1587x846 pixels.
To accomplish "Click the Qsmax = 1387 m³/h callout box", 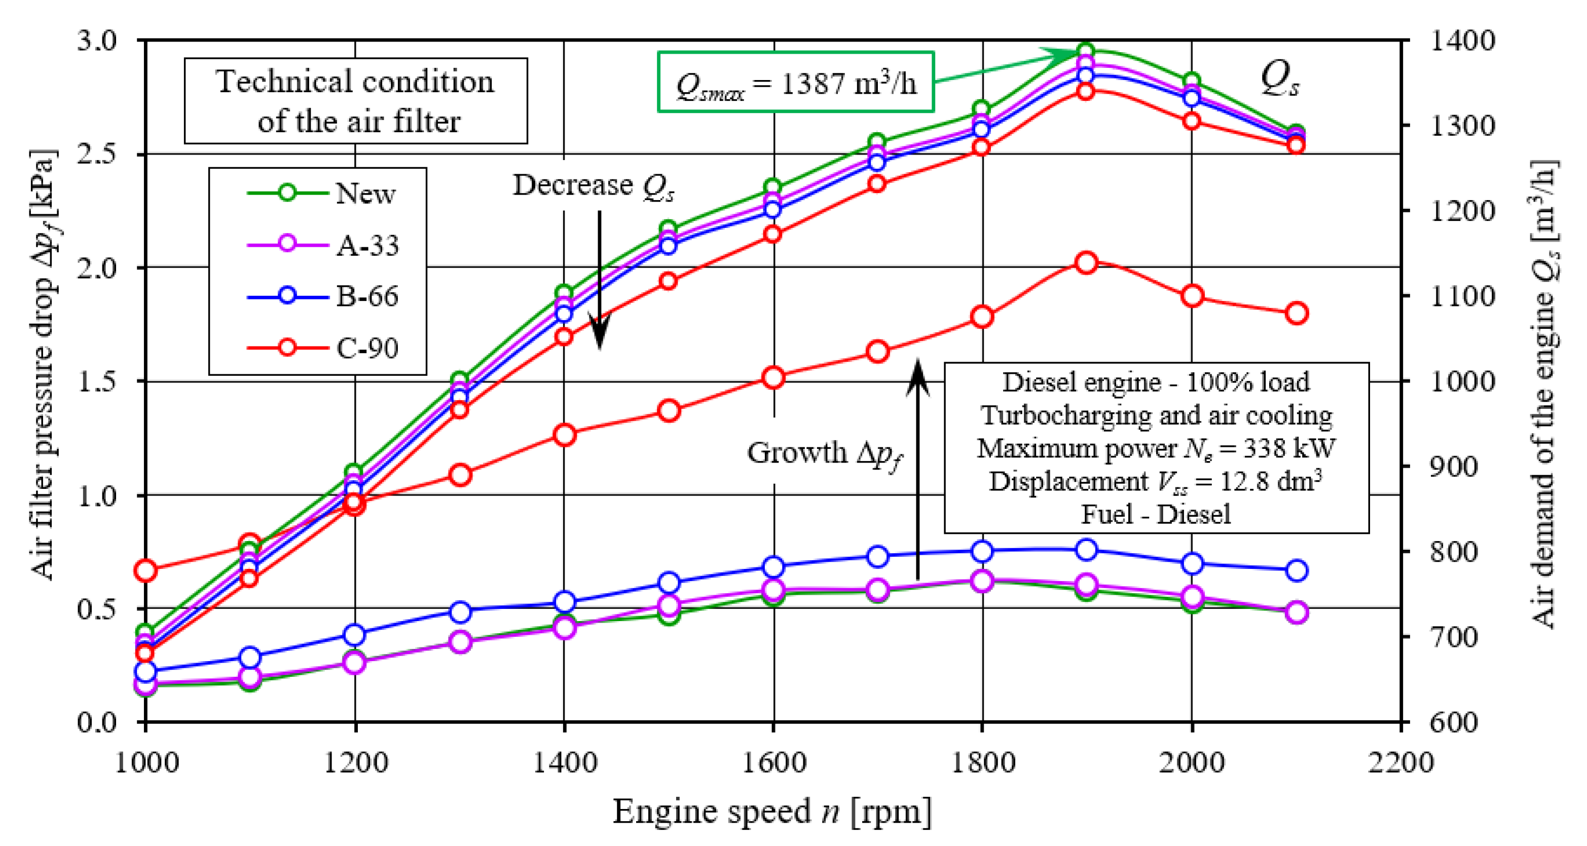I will [x=795, y=83].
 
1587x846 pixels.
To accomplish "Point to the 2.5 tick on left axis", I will [x=97, y=153].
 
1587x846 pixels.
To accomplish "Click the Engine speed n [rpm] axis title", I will [x=771, y=812].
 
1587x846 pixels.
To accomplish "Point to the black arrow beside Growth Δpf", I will [x=918, y=468].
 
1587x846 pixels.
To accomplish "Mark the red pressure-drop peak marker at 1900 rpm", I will [x=1086, y=263].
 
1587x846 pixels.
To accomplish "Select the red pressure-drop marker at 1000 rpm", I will [x=145, y=571].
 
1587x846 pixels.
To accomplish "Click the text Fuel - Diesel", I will [x=1156, y=514].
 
